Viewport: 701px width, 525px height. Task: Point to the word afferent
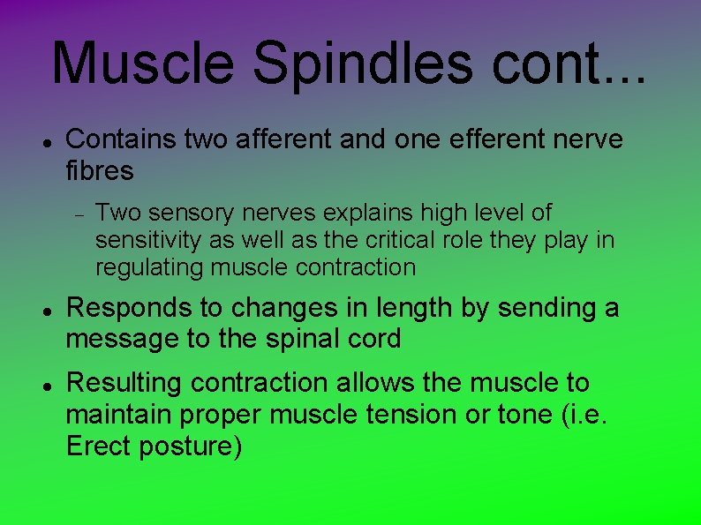point(284,139)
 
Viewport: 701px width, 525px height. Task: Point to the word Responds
point(124,308)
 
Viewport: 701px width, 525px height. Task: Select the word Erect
point(95,446)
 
